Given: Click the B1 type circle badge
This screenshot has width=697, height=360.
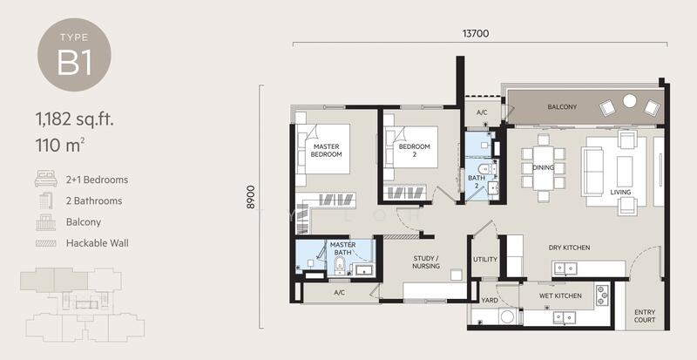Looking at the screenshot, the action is coord(74,55).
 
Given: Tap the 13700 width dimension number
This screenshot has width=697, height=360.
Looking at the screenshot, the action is coord(476,33).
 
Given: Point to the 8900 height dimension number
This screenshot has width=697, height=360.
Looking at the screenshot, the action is coord(251,197).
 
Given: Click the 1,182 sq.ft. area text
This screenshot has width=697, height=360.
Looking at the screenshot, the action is coord(75,119).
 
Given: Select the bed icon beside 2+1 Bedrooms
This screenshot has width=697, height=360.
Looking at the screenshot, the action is coord(46,178).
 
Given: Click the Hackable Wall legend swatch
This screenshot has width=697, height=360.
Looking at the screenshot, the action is coord(46,243).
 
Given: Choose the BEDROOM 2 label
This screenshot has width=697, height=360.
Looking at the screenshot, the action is coord(415,151).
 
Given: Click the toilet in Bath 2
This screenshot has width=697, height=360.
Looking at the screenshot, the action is coord(488,168).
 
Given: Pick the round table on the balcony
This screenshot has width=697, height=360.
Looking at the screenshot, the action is coord(629,101).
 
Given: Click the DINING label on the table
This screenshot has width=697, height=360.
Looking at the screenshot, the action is coord(543,167).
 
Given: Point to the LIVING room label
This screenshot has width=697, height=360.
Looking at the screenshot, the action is coord(620,193).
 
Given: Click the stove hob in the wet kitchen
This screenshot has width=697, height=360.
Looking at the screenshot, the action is coord(602,295).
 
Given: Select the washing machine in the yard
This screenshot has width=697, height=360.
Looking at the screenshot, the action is coord(507,316).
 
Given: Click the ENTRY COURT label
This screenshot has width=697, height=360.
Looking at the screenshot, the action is coord(645,316).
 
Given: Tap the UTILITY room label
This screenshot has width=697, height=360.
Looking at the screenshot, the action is coord(485,260).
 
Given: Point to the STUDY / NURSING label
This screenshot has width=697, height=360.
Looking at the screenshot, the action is coord(426,262).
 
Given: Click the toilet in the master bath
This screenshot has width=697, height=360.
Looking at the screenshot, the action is coord(340,266).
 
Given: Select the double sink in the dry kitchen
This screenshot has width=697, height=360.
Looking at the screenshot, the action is coord(565,268).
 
